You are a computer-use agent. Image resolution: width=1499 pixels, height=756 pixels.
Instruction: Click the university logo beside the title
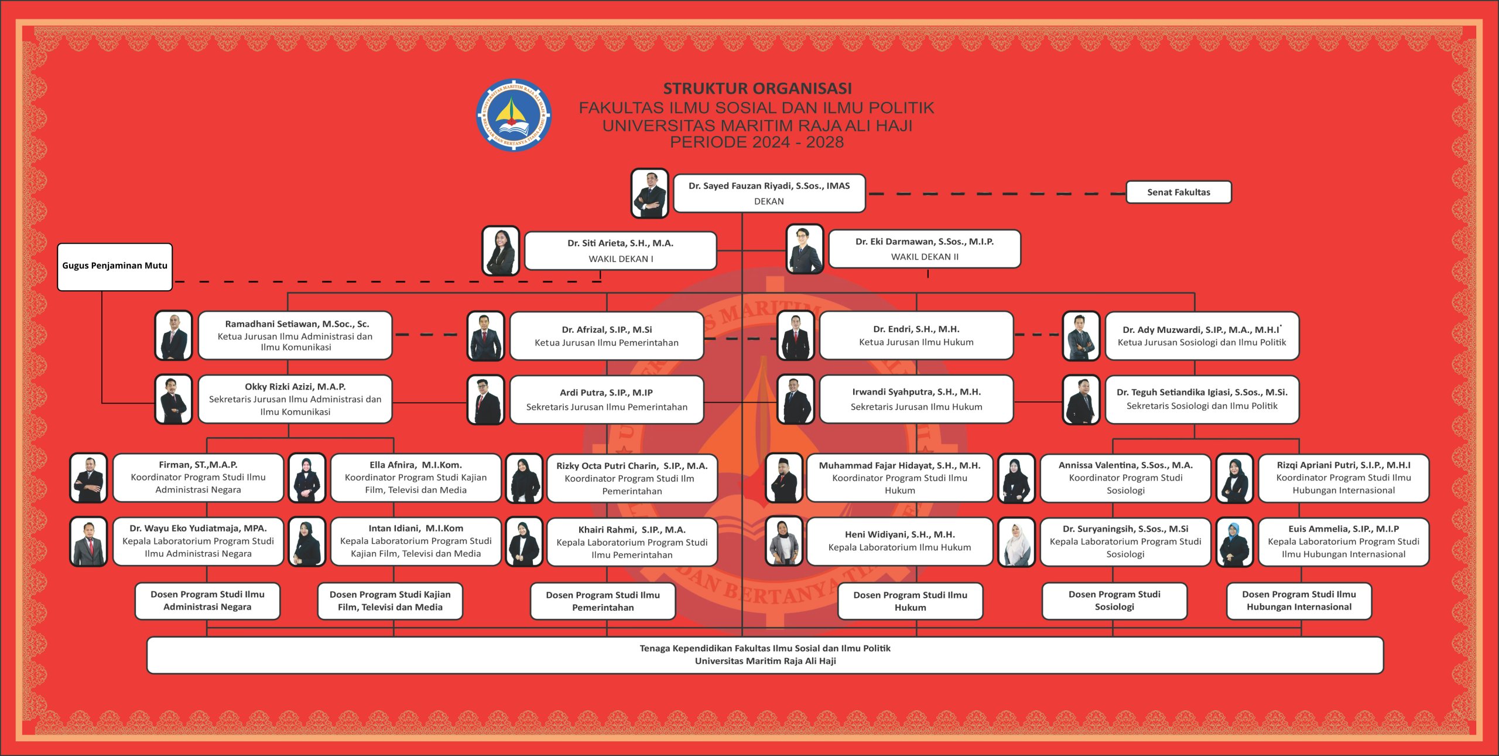pos(514,115)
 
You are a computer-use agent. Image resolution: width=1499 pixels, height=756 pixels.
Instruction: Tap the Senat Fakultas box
pos(1178,192)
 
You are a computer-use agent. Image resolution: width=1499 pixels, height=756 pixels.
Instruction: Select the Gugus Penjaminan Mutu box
pos(115,267)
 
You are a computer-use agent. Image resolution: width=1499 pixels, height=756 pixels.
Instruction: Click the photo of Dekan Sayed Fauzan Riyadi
pos(649,193)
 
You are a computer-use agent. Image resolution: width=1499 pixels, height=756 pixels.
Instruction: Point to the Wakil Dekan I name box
pos(620,251)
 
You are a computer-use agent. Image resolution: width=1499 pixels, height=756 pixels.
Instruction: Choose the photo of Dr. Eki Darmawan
pos(805,249)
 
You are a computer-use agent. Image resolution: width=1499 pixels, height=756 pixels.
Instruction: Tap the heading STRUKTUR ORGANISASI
pos(757,88)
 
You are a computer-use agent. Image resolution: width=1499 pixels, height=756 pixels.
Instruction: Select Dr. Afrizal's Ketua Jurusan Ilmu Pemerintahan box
pos(607,336)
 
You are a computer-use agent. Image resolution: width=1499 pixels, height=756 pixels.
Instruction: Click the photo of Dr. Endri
pos(796,336)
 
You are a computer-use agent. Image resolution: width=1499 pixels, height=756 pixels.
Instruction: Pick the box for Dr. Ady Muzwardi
pos(1202,336)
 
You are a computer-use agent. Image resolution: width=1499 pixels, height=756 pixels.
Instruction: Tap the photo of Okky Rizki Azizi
pos(173,399)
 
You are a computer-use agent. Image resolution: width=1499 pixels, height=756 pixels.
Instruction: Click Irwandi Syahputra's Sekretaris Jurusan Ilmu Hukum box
pos(916,399)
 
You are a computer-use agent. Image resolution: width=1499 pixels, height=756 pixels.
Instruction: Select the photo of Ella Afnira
pos(307,478)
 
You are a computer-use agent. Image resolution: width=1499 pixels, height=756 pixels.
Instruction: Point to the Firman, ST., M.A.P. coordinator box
pos(198,478)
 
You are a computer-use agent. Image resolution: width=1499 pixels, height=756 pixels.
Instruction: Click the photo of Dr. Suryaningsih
pos(1017,542)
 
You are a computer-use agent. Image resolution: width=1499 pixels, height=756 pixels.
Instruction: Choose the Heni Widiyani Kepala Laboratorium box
pos(899,541)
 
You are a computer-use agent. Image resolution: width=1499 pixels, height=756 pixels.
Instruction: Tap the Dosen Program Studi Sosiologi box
pos(1114,601)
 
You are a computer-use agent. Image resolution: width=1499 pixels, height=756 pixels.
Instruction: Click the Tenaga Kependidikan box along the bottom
pos(765,655)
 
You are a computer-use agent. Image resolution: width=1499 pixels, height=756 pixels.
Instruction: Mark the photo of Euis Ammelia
pos(1234,542)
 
